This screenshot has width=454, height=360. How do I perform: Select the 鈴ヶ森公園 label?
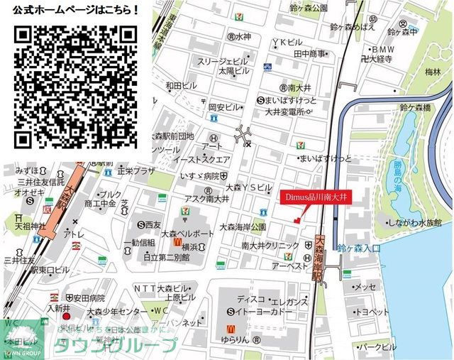click(309, 8)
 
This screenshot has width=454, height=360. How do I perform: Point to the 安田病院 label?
click(88, 298)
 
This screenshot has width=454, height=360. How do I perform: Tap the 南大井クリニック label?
click(270, 246)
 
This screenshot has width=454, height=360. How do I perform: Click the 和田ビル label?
click(181, 86)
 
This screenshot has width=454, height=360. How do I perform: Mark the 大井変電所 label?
click(284, 111)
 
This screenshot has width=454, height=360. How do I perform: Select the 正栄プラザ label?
click(136, 171)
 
